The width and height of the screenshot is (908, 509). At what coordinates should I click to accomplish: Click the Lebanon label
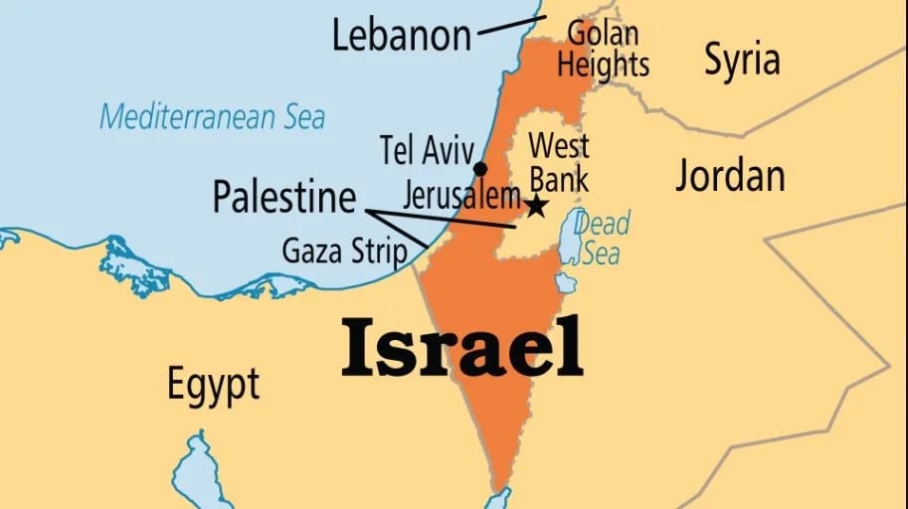pyautogui.click(x=401, y=36)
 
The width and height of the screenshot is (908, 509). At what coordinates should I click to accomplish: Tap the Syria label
pyautogui.click(x=742, y=60)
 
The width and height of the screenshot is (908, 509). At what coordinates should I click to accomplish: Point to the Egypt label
pyautogui.click(x=213, y=383)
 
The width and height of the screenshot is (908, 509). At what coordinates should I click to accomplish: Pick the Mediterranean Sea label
pyautogui.click(x=212, y=116)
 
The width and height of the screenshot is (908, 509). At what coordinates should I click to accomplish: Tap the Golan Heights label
pyautogui.click(x=603, y=49)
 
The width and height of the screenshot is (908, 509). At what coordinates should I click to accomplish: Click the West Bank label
pyautogui.click(x=558, y=162)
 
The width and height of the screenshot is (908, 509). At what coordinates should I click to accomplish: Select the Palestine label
pyautogui.click(x=283, y=197)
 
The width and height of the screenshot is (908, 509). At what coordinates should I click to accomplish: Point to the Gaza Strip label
pyautogui.click(x=344, y=251)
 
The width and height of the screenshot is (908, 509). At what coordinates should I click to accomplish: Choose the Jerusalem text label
pyautogui.click(x=461, y=194)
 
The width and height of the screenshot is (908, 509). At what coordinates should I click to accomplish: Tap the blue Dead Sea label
pyautogui.click(x=602, y=238)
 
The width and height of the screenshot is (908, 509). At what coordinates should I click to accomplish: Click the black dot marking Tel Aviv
pyautogui.click(x=480, y=168)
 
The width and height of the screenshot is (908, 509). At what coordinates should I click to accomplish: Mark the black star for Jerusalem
pyautogui.click(x=536, y=207)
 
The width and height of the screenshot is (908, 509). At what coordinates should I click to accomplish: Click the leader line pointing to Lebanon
pyautogui.click(x=510, y=26)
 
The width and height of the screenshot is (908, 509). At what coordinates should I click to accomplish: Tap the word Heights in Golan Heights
pyautogui.click(x=603, y=65)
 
